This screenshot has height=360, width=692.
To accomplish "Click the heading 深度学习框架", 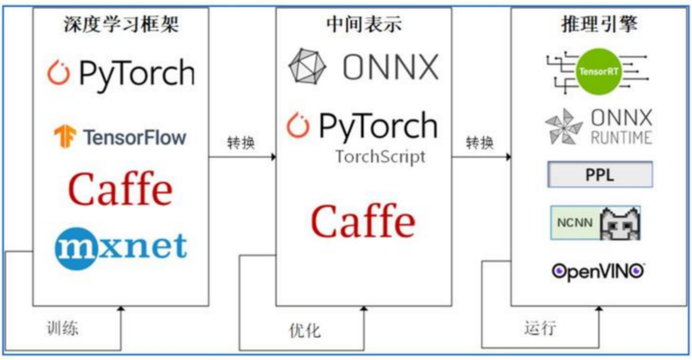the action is tap(121, 24).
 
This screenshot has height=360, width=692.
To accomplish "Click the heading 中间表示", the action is tap(364, 24).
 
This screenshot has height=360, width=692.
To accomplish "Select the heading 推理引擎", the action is tap(599, 24).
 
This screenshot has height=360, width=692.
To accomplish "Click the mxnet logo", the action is tap(121, 249).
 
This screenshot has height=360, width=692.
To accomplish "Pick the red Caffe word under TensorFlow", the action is tap(120, 189).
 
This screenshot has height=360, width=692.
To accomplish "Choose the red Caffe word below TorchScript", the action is tap(363, 221).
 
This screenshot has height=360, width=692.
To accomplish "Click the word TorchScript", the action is tap(380, 156).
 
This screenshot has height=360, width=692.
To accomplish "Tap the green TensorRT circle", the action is tap(599, 72).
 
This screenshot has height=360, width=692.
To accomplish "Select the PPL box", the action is tap(600, 175).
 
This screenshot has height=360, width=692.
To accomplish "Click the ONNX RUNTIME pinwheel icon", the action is tap(563, 127).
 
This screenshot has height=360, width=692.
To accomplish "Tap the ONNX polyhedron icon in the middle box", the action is tap(307, 66).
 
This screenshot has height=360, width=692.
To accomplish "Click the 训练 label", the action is tap(62, 328).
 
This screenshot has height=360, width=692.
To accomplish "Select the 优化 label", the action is tap(305, 331).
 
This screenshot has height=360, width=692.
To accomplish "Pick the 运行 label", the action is tap(540, 327).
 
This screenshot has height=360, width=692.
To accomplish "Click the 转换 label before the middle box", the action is tap(241, 143).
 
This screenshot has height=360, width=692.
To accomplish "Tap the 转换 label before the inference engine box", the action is tap(480, 143).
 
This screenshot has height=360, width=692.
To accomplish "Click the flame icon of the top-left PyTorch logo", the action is tap(59, 73).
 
